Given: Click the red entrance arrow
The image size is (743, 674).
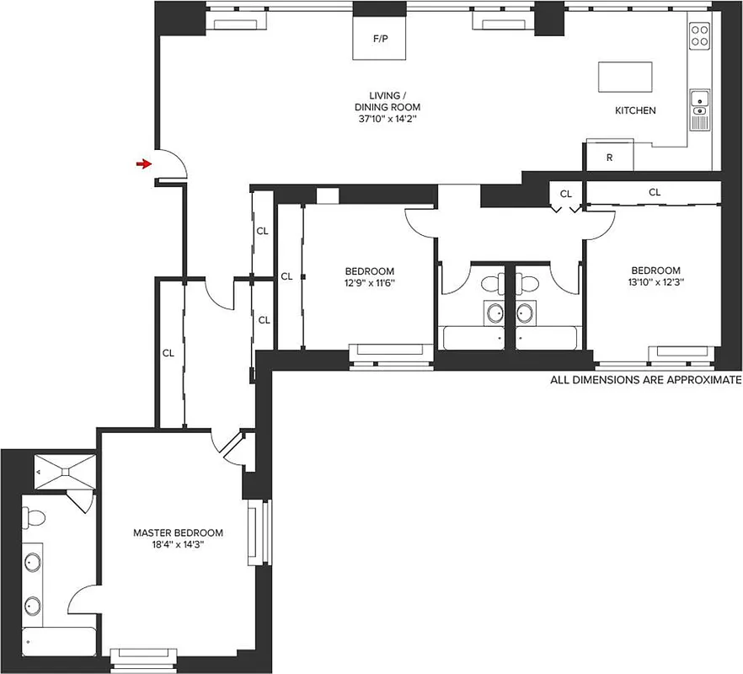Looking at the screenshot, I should pos(145,164).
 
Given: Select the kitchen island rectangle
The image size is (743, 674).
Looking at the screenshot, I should pos(626,78).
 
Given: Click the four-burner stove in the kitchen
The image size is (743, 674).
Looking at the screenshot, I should pos(700,35).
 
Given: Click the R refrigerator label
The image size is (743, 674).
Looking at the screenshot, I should pos(609,158).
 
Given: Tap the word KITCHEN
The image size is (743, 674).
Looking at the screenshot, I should pos(635,110).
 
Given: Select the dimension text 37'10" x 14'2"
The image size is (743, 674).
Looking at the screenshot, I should pos(387,120).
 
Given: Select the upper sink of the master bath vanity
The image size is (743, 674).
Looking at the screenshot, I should pos(35,562).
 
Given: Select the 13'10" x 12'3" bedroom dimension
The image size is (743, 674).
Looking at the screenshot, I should pos(655,282).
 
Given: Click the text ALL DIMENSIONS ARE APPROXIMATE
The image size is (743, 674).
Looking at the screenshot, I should pos(646,380).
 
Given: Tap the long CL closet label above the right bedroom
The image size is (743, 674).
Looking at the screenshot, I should pos(655,192).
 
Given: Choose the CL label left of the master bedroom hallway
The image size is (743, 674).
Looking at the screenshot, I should pos(168,353).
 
